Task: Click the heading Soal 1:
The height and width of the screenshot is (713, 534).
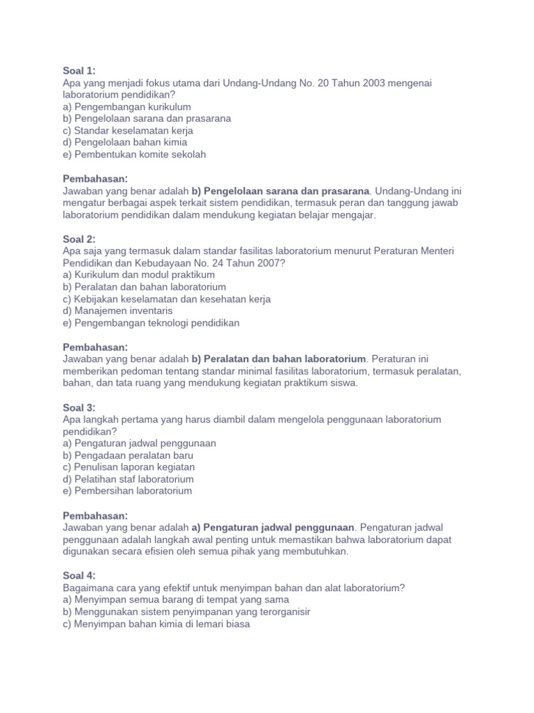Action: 79,71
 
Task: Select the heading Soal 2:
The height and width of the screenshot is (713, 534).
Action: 79,239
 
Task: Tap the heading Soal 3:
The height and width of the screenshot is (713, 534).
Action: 79,407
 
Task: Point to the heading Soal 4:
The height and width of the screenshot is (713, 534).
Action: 79,576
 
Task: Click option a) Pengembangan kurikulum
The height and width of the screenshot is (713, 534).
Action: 127,107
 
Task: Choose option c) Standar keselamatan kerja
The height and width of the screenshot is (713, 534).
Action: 128,130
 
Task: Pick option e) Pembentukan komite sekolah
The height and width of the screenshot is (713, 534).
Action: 134,155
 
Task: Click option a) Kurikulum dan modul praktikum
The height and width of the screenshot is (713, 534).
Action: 138,275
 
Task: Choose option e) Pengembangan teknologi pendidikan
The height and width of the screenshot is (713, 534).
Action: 151,323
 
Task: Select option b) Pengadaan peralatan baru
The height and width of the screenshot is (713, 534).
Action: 128,455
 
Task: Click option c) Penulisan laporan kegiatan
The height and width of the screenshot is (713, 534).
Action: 129,467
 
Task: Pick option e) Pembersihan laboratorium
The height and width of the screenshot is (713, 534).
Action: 127,491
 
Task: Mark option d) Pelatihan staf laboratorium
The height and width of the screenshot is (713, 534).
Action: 128,479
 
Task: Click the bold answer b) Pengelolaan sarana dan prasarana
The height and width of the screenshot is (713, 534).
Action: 280,191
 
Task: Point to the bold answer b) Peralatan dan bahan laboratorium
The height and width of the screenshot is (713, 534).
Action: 278,359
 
